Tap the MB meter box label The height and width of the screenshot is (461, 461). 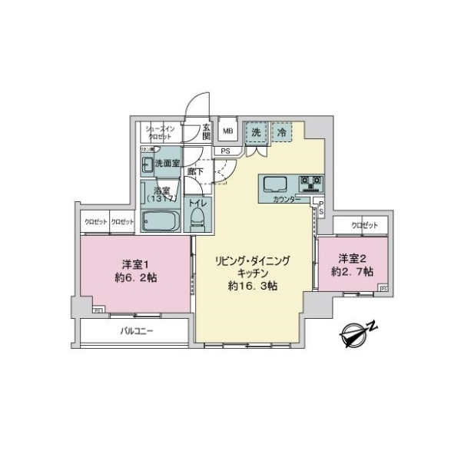click(x=228, y=131)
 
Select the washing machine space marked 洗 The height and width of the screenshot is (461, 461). click(x=255, y=132)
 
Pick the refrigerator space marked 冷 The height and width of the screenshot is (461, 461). click(x=281, y=132)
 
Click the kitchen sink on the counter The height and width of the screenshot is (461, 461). click(x=274, y=184)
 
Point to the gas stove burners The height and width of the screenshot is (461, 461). click(x=310, y=184)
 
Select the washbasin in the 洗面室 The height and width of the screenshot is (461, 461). click(x=148, y=164)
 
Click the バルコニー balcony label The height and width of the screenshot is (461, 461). click(x=137, y=332)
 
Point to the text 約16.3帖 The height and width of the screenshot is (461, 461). click(x=253, y=285)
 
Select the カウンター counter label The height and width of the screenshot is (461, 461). click(x=287, y=200)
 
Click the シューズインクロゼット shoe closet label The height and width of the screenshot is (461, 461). click(x=159, y=132)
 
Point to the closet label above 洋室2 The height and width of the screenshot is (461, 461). click(x=364, y=224)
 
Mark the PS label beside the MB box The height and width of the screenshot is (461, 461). click(x=225, y=151)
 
